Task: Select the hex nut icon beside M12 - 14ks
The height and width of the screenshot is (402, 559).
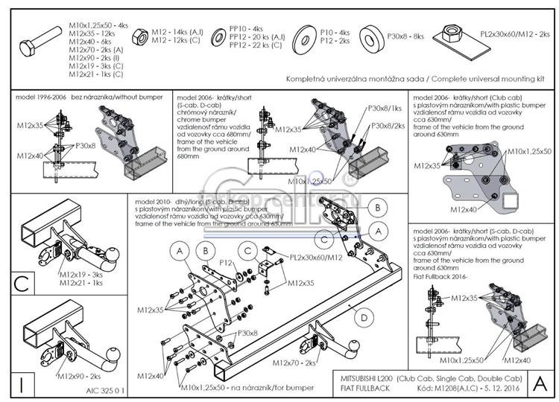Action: pos(139,36)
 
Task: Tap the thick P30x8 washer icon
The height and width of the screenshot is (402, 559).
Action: pos(373,37)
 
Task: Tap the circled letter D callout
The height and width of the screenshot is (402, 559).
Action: pos(364,319)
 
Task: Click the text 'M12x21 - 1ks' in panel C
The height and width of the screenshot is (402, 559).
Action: pos(83,283)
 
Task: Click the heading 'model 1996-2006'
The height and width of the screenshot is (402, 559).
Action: pos(40,98)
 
